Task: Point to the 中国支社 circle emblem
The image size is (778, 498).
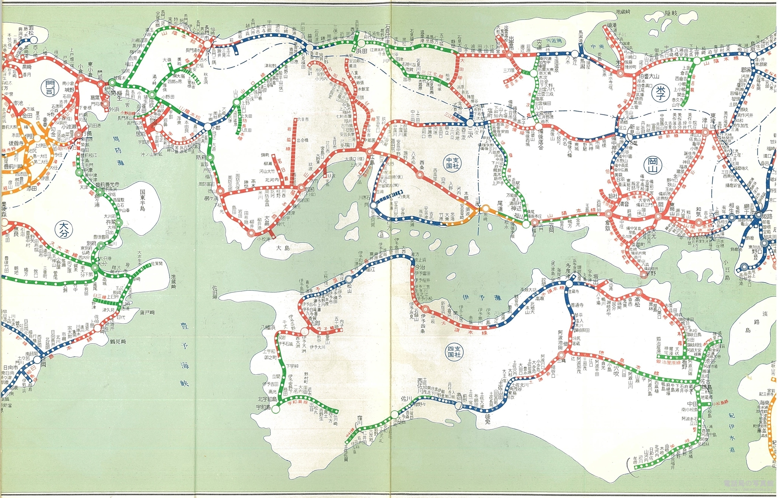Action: tap(452, 163)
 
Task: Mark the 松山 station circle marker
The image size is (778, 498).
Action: tap(349, 279)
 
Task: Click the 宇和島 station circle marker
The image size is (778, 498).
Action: tap(276, 409)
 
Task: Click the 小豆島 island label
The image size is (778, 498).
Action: tap(726, 270)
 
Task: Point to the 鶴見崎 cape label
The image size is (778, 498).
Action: tap(118, 341)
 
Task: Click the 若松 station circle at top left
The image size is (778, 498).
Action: tap(34, 40)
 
